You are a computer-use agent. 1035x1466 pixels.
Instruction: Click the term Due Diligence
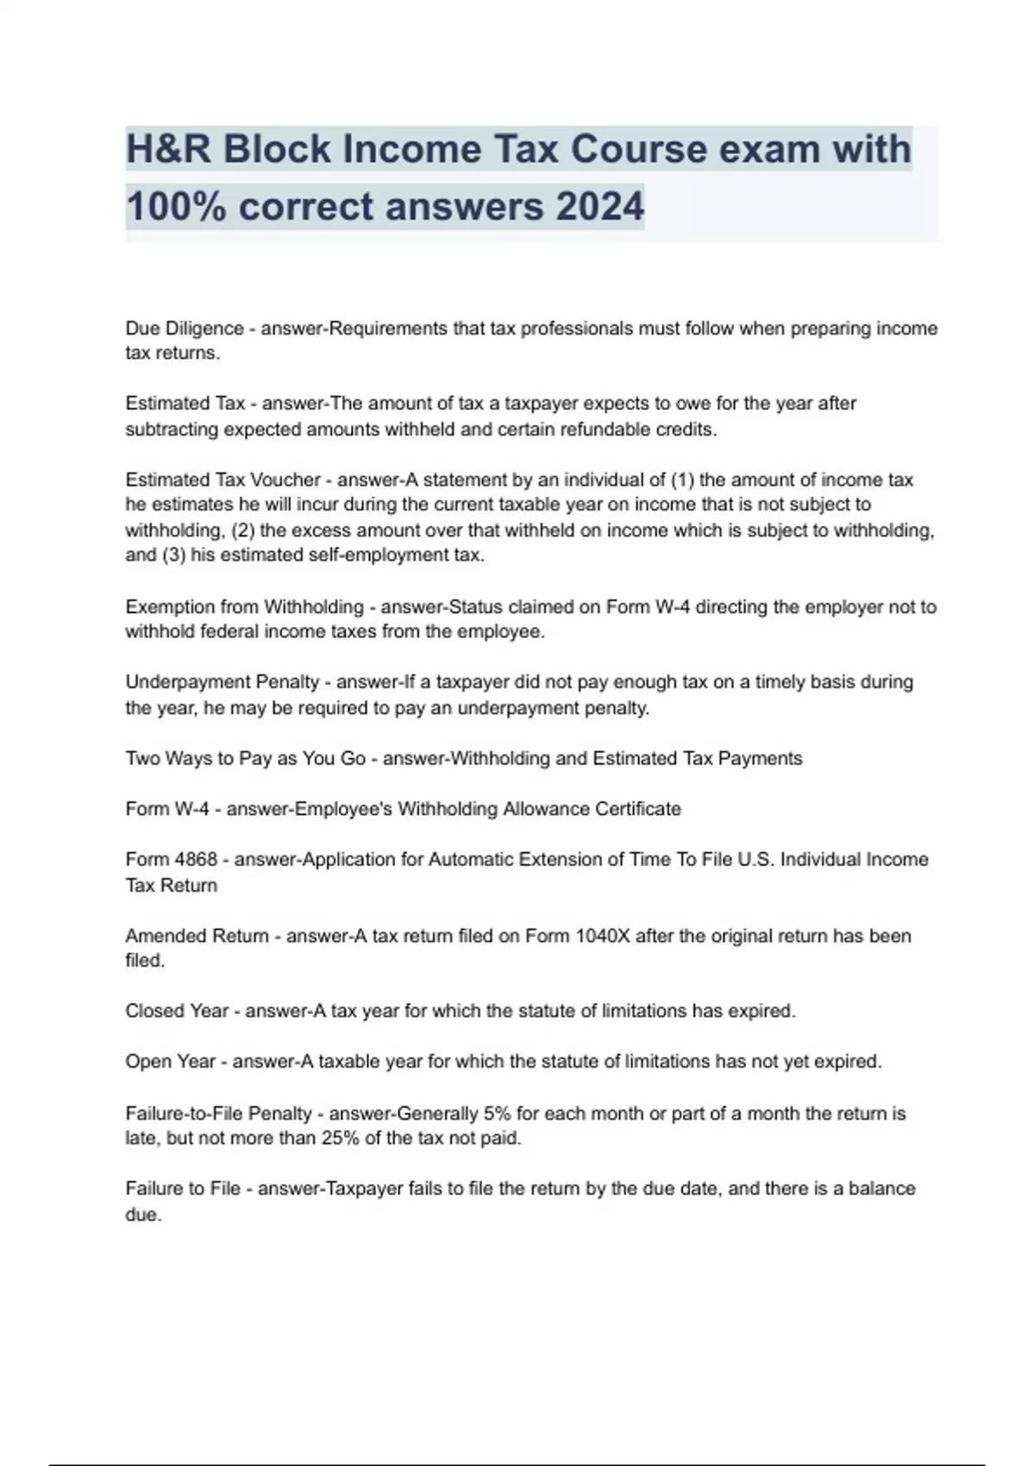pyautogui.click(x=185, y=329)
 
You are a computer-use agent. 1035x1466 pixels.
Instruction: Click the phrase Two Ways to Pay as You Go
pyautogui.click(x=246, y=759)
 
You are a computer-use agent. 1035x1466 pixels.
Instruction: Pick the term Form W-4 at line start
pyautogui.click(x=167, y=809)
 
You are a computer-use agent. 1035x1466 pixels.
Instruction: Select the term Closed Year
pyautogui.click(x=177, y=1011)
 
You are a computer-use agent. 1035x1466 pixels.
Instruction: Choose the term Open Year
pyautogui.click(x=171, y=1062)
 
